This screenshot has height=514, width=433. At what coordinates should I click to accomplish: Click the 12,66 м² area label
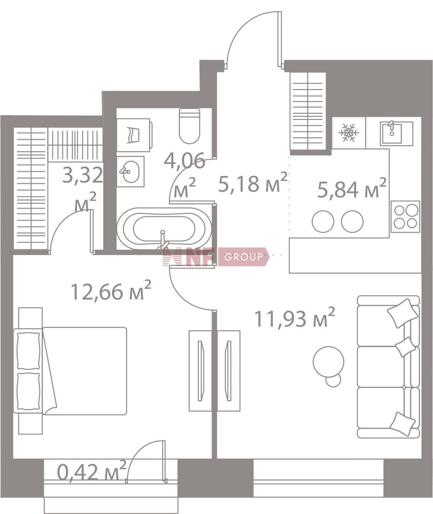[111, 291]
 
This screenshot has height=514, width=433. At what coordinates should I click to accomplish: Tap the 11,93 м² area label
[294, 318]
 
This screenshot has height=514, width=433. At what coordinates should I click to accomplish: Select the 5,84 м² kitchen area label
[352, 188]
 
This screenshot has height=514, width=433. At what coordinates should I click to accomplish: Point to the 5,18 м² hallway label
[253, 182]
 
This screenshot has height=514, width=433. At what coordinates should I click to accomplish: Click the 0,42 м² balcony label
[91, 471]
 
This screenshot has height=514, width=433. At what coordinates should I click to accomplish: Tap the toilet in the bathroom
[189, 126]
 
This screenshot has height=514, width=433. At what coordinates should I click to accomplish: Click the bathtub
[164, 229]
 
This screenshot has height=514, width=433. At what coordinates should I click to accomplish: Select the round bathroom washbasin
[129, 171]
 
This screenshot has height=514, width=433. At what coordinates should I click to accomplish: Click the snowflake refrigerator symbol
[349, 133]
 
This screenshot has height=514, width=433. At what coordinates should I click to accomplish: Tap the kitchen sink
[392, 133]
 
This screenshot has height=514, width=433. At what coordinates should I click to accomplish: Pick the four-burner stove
[406, 216]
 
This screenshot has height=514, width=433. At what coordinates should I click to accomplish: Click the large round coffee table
[329, 362]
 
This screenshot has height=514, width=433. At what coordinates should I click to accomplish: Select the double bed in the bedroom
[71, 371]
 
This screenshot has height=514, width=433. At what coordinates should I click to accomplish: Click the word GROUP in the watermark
[243, 257]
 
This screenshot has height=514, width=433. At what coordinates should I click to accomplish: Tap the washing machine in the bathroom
[134, 135]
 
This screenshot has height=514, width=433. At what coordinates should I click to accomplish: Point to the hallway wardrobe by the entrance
[308, 111]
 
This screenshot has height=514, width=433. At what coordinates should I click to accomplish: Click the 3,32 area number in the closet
[83, 175]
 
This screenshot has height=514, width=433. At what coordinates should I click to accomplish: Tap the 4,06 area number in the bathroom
[184, 160]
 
